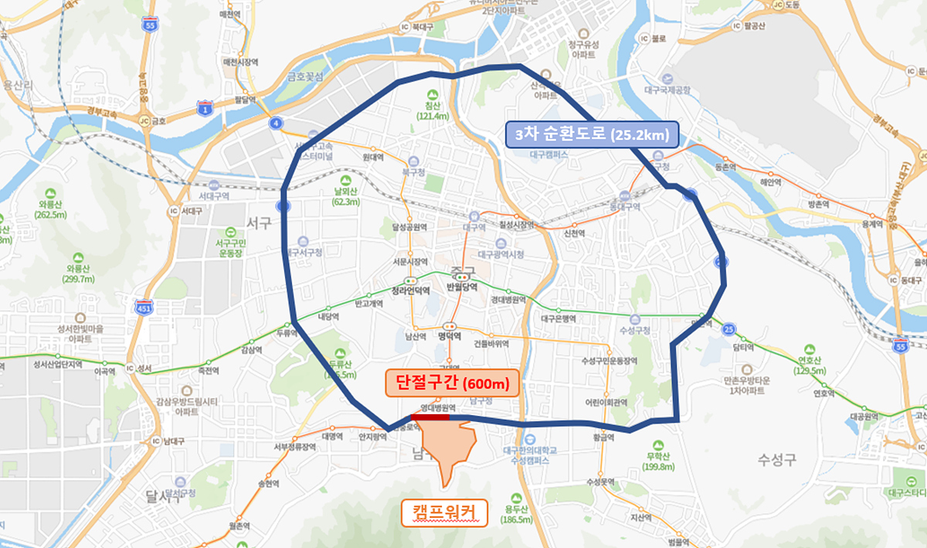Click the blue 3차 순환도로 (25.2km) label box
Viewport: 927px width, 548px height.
pos(593,135)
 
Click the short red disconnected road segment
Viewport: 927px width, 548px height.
pos(430,417)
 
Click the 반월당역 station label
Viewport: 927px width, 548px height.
pos(462,286)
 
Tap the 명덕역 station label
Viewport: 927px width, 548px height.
pos(449,336)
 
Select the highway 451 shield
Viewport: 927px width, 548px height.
pos(144,306)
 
